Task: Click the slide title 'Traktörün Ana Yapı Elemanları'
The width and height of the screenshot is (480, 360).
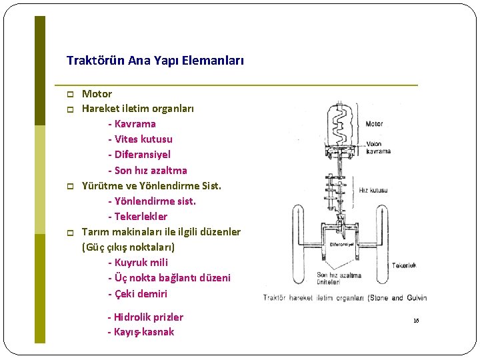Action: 155,61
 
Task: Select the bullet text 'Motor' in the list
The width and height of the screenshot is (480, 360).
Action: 97,94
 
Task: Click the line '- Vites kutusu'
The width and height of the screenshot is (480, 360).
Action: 139,139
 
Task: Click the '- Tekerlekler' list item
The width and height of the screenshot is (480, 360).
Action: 137,217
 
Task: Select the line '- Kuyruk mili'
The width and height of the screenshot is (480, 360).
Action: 137,263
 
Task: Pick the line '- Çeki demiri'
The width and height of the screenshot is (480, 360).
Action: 137,294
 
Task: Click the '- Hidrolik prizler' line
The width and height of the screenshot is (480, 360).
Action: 145,317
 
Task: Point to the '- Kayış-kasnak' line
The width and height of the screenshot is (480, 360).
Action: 140,332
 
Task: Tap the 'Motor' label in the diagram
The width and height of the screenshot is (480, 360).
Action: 374,123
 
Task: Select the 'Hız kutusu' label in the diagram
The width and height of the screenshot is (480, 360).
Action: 373,191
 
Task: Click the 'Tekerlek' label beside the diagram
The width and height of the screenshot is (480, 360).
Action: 403,265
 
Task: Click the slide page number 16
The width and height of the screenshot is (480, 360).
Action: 416,321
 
